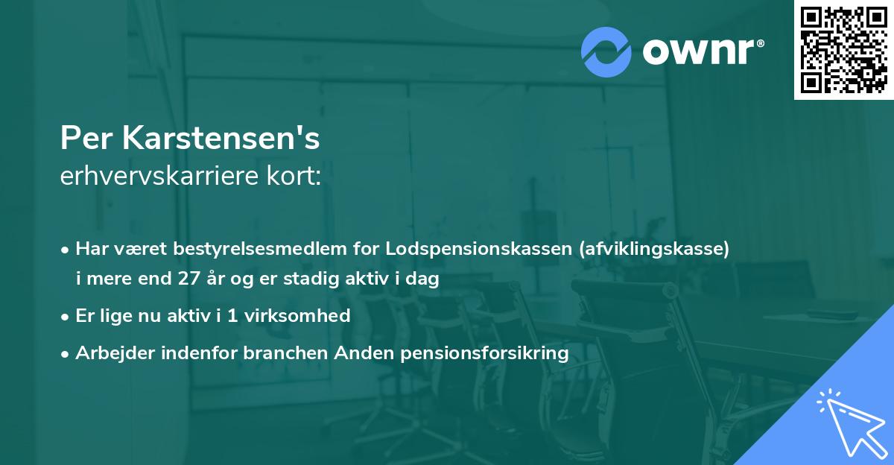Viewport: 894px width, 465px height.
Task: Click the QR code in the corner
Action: click(x=843, y=50)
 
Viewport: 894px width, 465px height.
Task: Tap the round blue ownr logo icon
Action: click(x=606, y=52)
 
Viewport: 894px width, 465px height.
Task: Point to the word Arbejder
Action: click(x=110, y=352)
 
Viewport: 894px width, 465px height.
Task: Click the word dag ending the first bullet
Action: click(x=423, y=281)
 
